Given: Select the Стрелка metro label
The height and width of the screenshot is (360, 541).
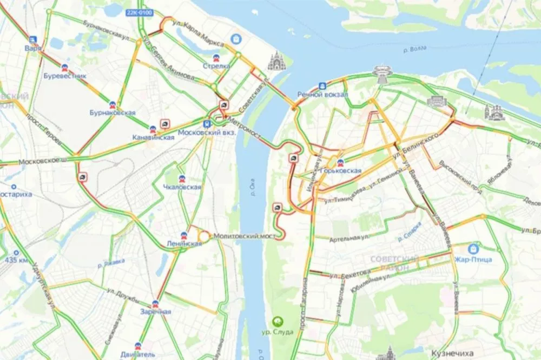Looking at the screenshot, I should click(216, 66).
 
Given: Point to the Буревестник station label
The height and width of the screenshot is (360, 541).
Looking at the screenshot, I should click(65, 76).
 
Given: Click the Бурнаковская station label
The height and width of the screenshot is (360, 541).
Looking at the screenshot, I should click(113, 112).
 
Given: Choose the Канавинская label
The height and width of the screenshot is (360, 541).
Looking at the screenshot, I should click(153, 137).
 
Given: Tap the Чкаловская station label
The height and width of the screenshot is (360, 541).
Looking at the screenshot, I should click(182, 187).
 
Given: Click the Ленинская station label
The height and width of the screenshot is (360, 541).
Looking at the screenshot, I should click(184, 243).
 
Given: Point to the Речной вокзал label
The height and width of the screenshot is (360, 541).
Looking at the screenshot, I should click(322, 94).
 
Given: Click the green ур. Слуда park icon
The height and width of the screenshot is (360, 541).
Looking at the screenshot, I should click(280, 321).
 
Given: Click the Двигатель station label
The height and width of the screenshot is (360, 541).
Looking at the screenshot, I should click(138, 354).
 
